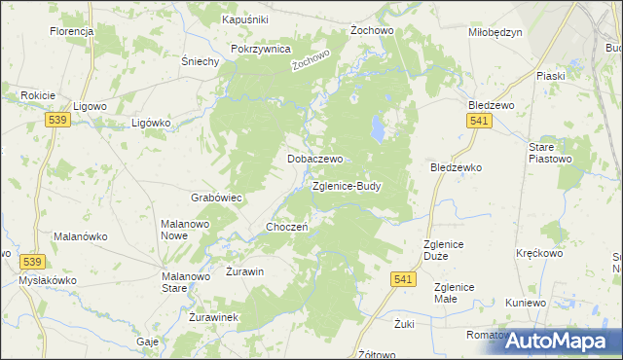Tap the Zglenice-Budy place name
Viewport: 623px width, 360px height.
[347, 185]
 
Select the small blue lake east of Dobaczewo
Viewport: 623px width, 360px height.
[375, 126]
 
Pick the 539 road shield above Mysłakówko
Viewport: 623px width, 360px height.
[32, 262]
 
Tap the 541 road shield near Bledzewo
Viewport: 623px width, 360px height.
[478, 120]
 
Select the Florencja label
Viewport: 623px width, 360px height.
[71, 31]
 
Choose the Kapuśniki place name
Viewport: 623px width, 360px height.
[245, 19]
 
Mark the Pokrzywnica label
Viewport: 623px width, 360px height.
[261, 48]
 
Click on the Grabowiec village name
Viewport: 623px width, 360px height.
[216, 197]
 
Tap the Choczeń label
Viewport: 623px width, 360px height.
[287, 227]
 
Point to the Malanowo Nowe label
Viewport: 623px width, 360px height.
[187, 230]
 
